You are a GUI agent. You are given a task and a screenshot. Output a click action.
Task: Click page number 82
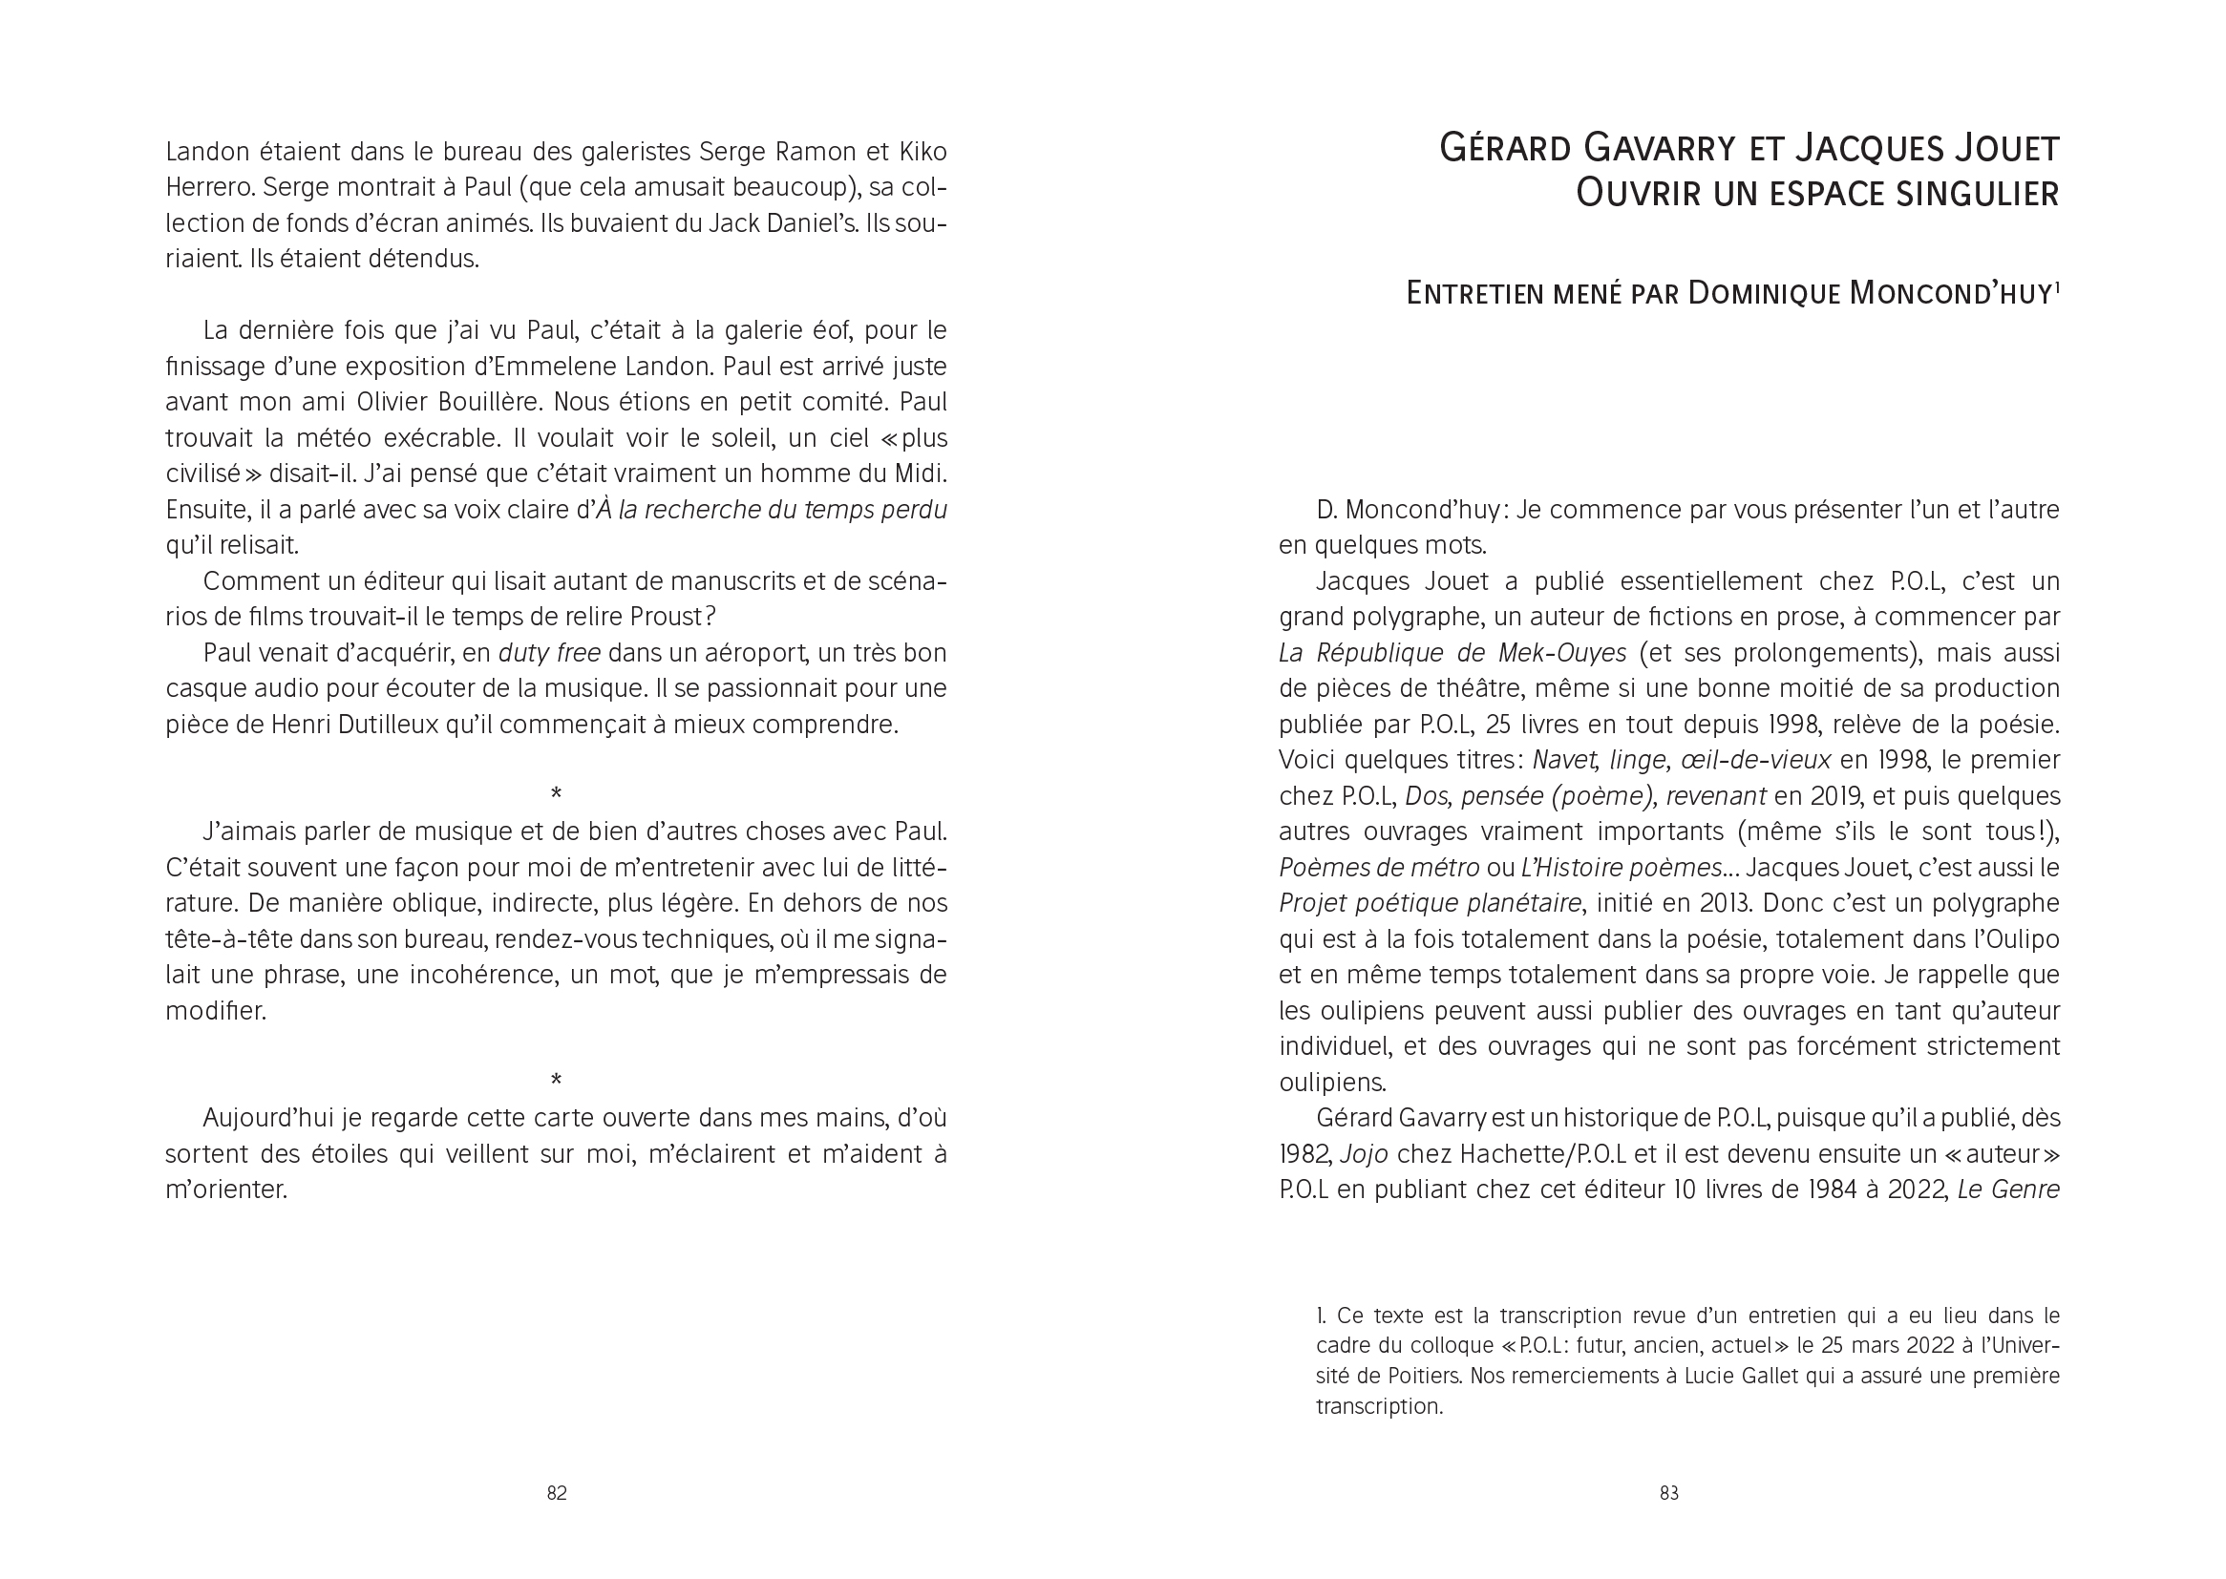(x=556, y=1493)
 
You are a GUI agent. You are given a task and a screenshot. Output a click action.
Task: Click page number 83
(x=1668, y=1493)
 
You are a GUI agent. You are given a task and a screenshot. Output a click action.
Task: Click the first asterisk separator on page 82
(x=556, y=794)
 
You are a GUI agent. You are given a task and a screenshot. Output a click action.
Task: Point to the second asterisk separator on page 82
(x=556, y=1081)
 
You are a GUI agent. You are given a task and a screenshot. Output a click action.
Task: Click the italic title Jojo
(x=1364, y=1154)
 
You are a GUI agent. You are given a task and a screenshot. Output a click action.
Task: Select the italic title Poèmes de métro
(x=1379, y=867)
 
